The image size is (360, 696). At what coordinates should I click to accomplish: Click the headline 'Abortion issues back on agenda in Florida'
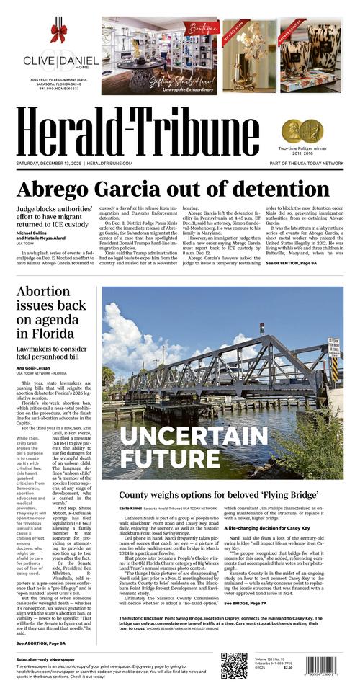click(54, 322)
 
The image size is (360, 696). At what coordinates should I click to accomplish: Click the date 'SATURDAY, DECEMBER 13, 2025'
click(48, 164)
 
